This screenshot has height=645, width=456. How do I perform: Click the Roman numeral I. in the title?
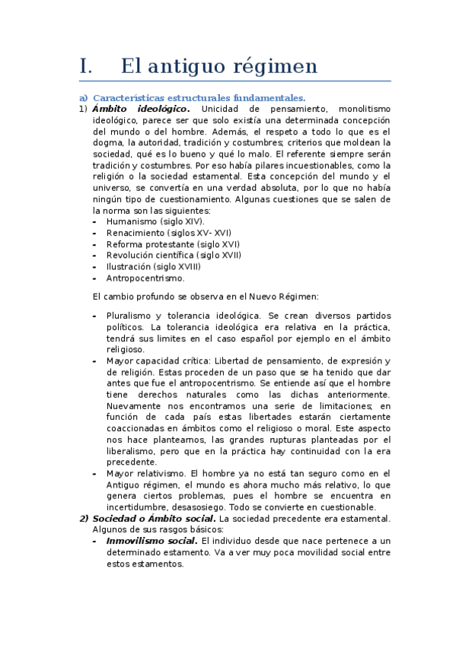(x=86, y=67)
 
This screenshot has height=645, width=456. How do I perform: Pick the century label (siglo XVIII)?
(x=180, y=267)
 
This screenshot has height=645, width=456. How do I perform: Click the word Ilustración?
(x=131, y=267)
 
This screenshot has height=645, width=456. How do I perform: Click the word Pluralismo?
(x=130, y=316)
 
